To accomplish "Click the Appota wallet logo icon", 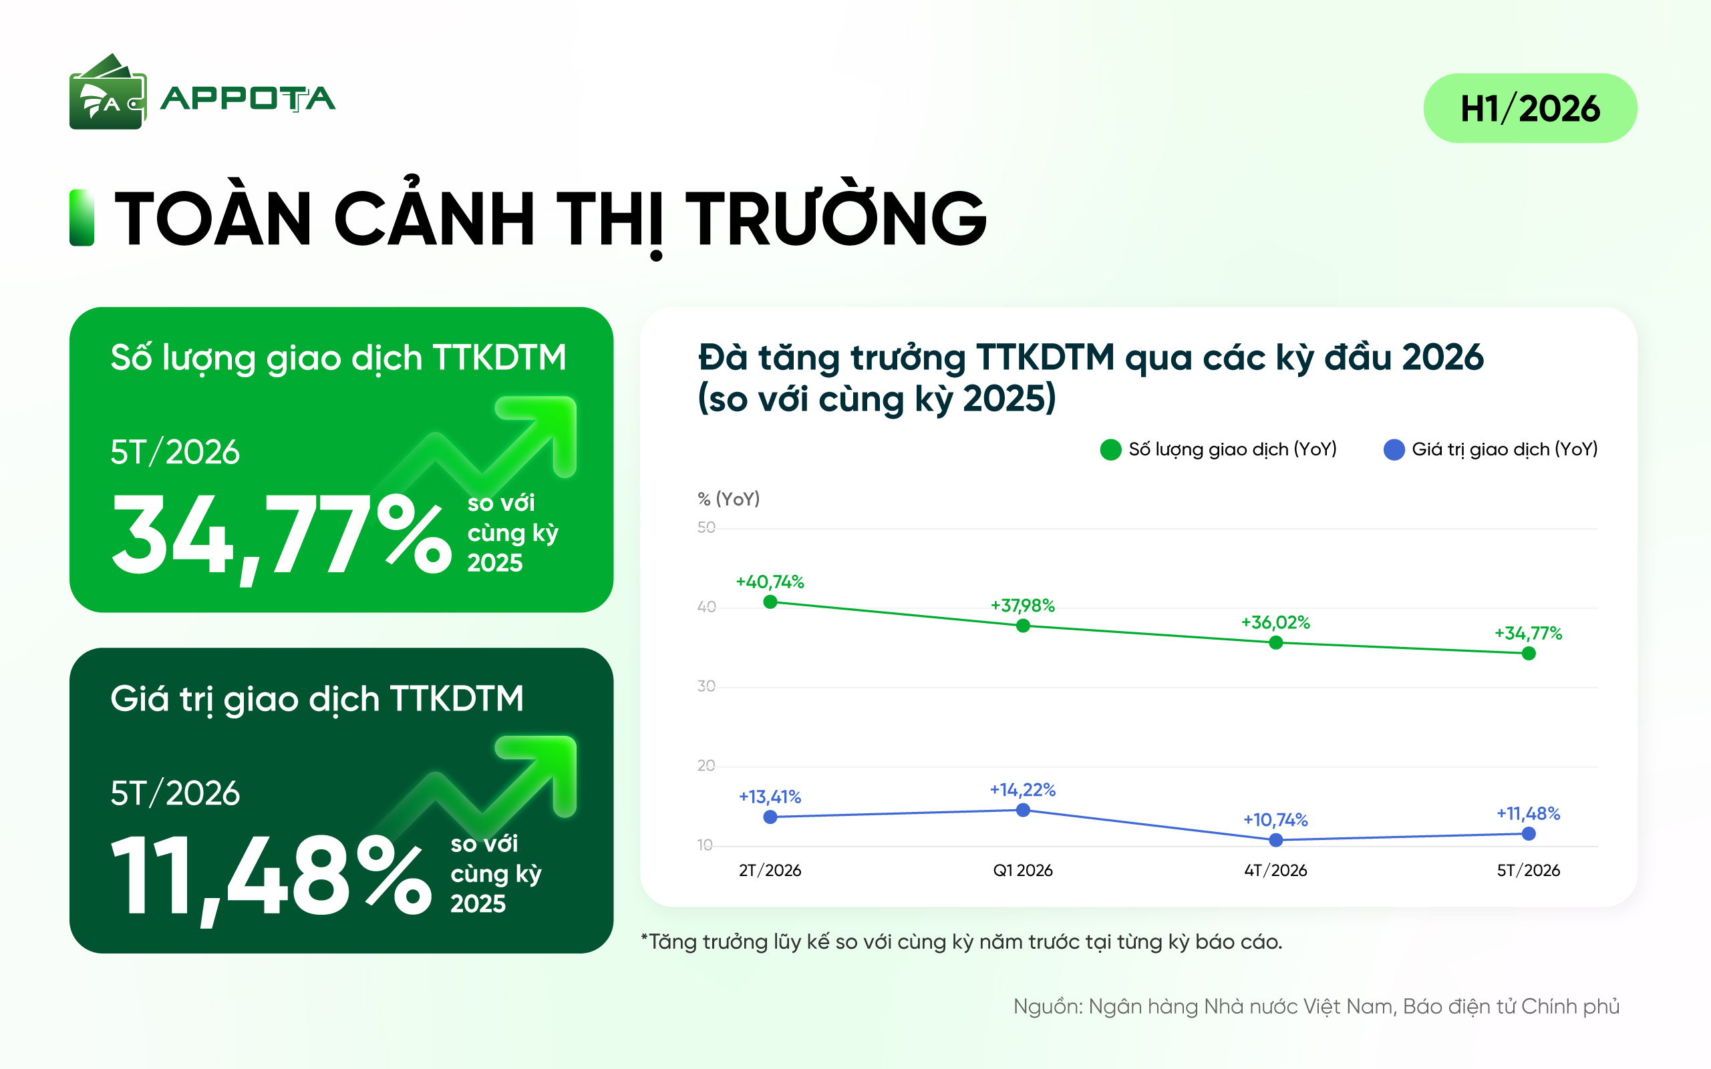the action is (108, 92).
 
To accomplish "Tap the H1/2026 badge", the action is (1530, 108).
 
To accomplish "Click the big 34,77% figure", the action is (281, 536).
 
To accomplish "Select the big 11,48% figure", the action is (271, 877).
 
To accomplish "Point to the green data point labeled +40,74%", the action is (770, 602).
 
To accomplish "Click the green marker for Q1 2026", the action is (1023, 626).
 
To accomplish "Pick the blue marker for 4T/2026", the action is (1276, 840).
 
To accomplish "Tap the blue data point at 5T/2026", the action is (1529, 833).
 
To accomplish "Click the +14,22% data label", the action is (1023, 790).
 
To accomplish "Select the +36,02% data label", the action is (1275, 622).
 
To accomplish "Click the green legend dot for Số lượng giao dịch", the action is (1110, 449).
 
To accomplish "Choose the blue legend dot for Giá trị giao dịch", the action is (1394, 449).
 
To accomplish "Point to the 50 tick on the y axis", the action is (706, 527).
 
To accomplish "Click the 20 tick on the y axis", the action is (706, 766).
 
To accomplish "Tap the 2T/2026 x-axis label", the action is (770, 870).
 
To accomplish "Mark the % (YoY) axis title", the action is (728, 499).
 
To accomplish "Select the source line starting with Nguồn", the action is (1316, 1006).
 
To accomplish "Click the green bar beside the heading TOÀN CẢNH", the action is (82, 218).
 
